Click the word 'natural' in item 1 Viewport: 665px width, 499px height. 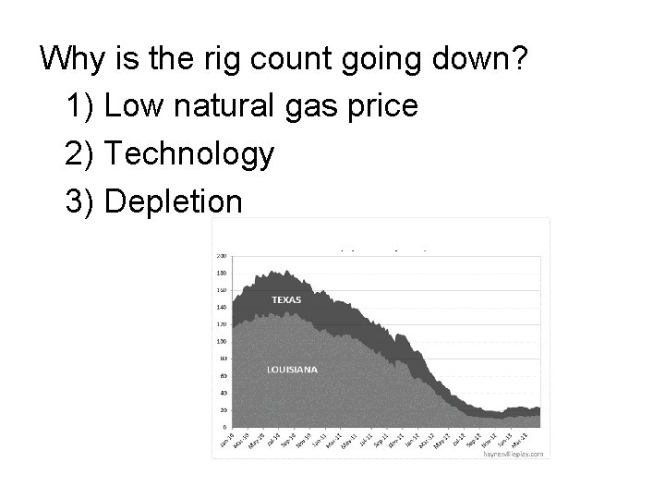click(225, 106)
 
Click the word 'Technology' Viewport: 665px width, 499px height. click(189, 154)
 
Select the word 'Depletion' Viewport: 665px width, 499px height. click(174, 201)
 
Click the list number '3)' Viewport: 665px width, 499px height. click(81, 201)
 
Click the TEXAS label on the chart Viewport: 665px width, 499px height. click(285, 300)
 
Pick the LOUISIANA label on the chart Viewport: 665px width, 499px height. click(292, 370)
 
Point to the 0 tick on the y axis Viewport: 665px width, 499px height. click(224, 427)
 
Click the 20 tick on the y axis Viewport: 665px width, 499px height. click(223, 409)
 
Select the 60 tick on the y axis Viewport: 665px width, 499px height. click(223, 376)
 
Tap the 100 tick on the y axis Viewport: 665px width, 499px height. click(222, 342)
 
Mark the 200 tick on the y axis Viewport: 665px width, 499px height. click(222, 256)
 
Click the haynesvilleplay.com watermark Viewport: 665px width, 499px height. click(514, 454)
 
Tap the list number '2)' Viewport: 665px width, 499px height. click(81, 154)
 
